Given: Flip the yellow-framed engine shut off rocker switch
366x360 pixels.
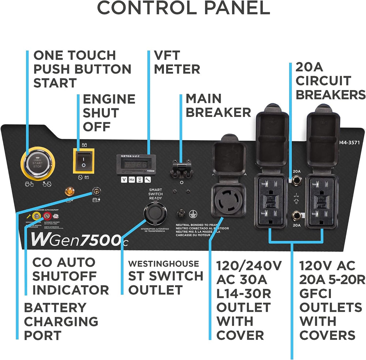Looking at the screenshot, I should point(84,161).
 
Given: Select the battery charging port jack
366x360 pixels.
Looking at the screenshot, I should point(96,191).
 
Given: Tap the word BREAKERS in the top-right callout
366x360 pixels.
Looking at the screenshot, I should point(330,94).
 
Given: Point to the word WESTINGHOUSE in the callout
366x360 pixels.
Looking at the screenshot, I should point(164,264).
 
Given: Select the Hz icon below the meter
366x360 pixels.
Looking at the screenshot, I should point(132,180).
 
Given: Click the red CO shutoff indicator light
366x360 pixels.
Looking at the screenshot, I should point(47,216).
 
